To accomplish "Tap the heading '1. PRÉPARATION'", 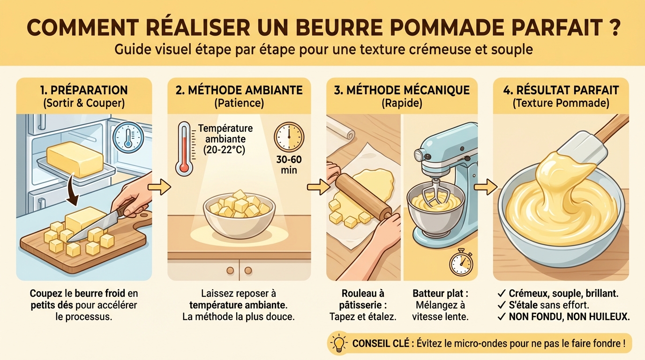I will pyautogui.click(x=84, y=90).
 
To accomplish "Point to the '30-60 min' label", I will pyautogui.click(x=289, y=165).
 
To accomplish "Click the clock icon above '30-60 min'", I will pyautogui.click(x=289, y=137).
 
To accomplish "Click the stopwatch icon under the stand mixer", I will pyautogui.click(x=460, y=263).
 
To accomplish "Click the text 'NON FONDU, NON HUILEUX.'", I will pyautogui.click(x=569, y=317).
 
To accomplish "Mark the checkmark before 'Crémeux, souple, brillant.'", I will pyautogui.click(x=501, y=294).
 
